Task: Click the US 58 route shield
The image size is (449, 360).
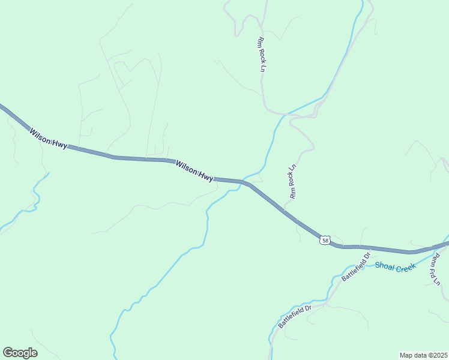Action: (x=325, y=240)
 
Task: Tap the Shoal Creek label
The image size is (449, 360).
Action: (x=395, y=267)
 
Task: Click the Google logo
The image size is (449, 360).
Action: (x=20, y=353)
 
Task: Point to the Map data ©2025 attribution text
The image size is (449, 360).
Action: (x=423, y=355)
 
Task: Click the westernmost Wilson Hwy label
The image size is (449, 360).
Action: (x=48, y=138)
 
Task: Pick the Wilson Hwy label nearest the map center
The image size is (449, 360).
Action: (x=194, y=170)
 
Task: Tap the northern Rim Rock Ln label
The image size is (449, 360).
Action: (x=261, y=55)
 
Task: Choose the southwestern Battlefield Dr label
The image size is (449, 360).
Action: (x=295, y=317)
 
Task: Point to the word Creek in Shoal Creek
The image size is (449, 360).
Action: (x=405, y=268)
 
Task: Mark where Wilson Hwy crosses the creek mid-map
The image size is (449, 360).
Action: (x=243, y=182)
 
